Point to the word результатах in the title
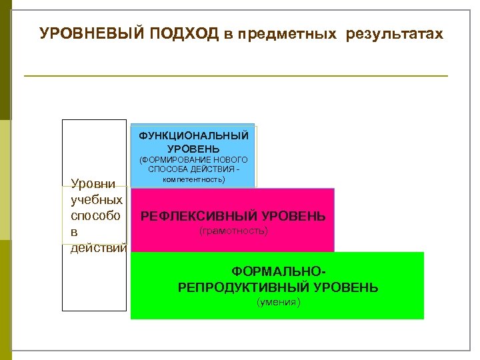pyautogui.click(x=394, y=34)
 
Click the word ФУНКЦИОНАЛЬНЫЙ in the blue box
pyautogui.click(x=193, y=135)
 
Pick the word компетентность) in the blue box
pyautogui.click(x=193, y=179)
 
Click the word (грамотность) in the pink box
pyautogui.click(x=234, y=231)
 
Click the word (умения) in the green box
pyautogui.click(x=279, y=303)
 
